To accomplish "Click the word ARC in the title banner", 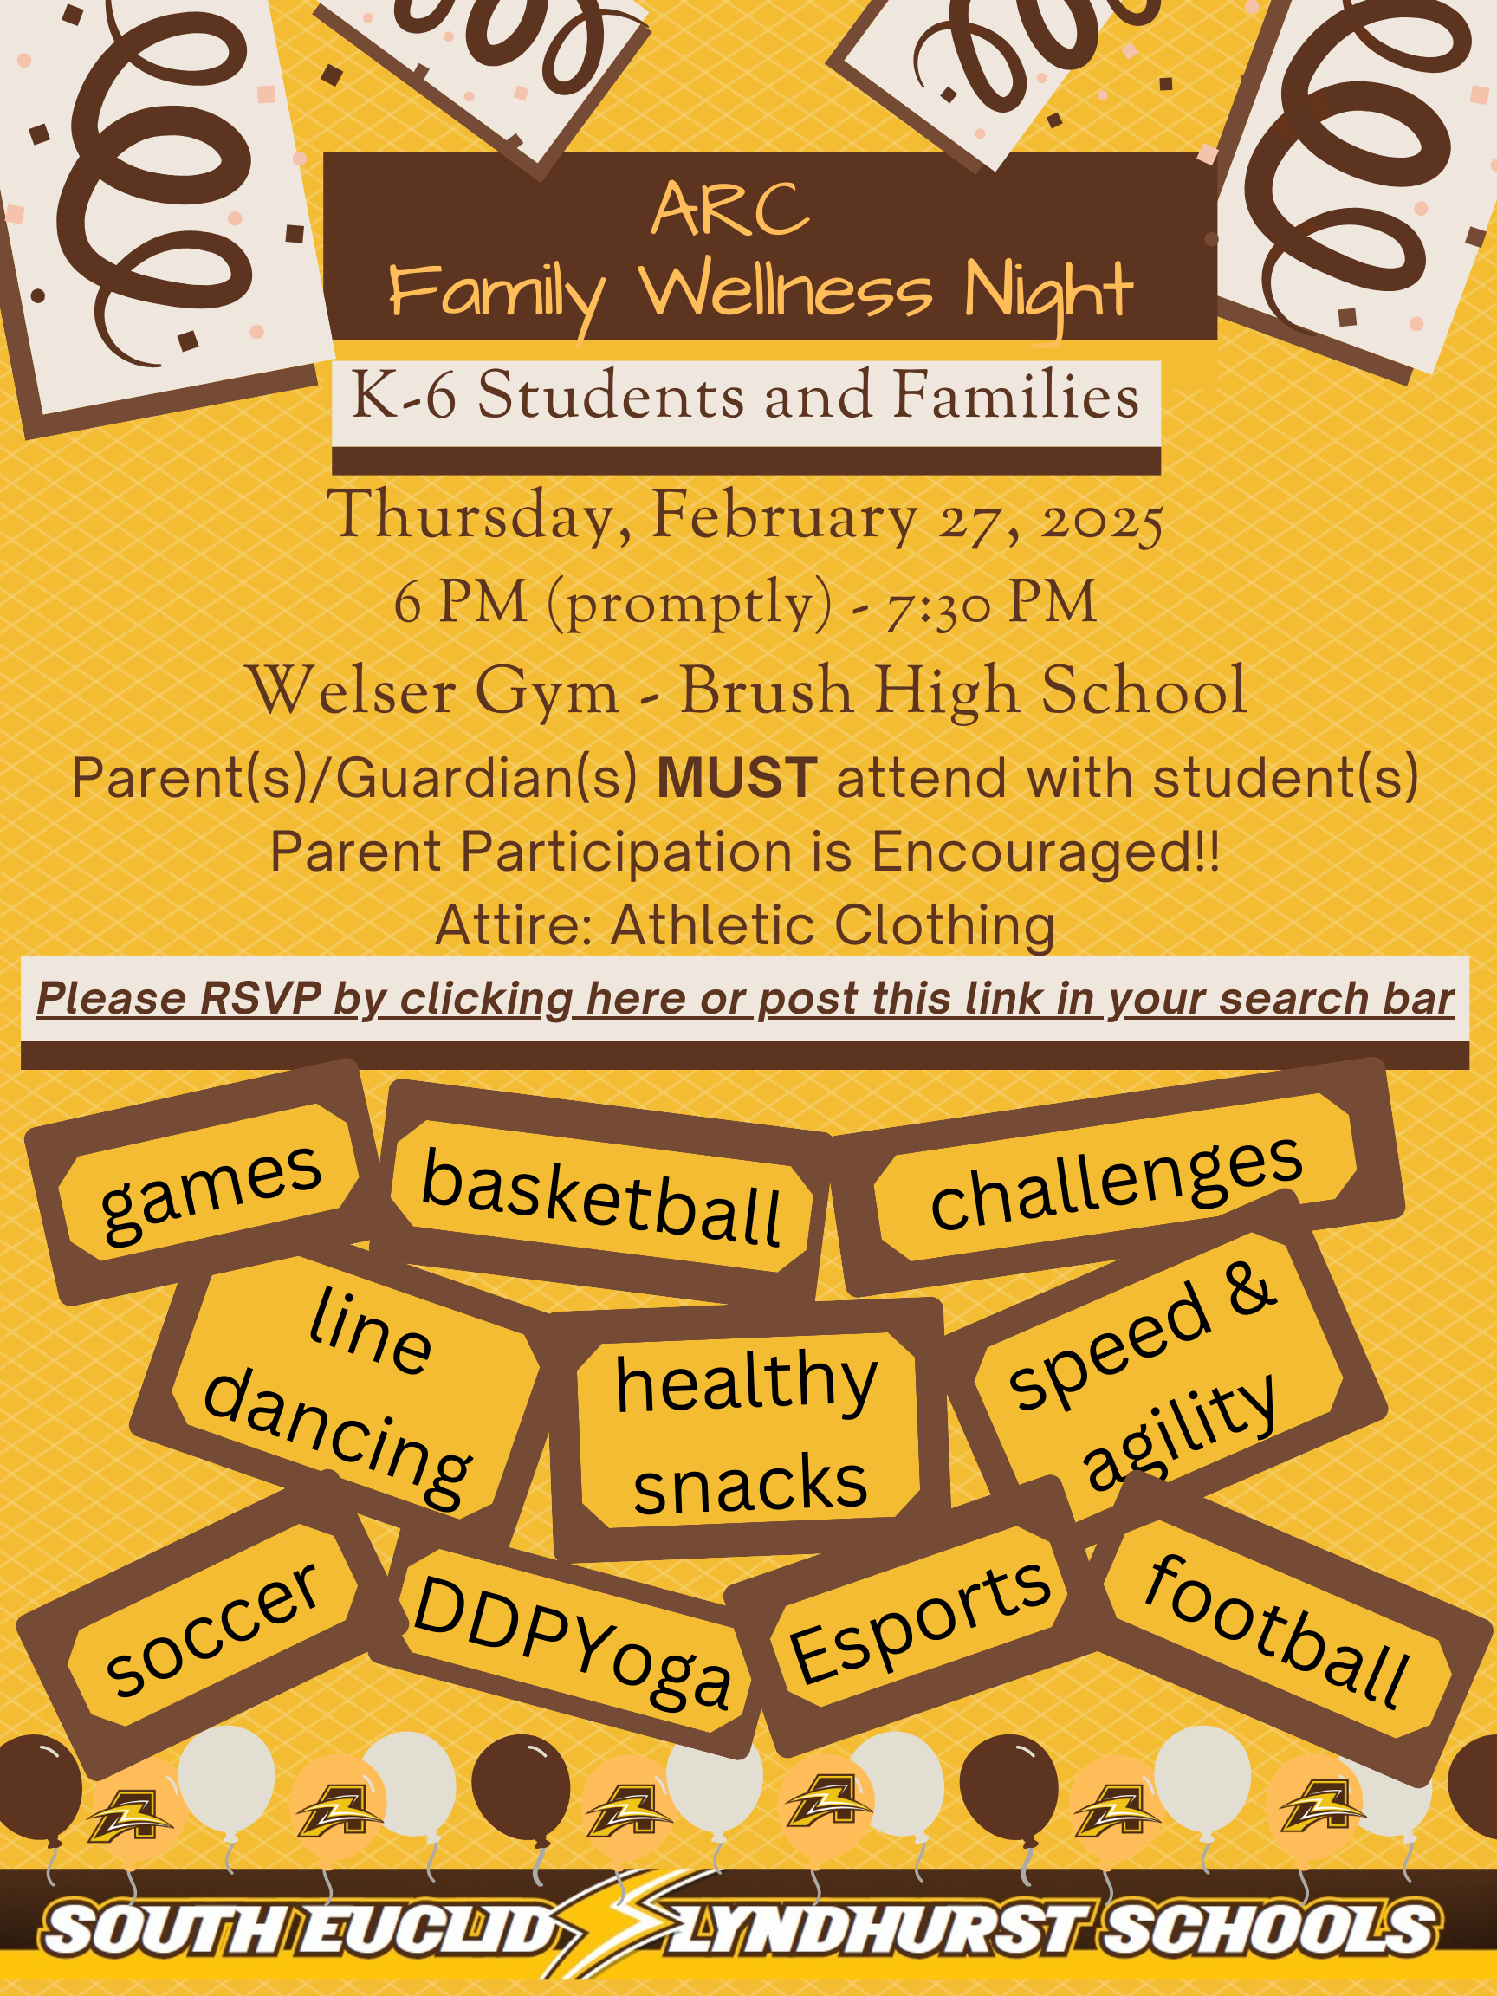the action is pyautogui.click(x=730, y=209).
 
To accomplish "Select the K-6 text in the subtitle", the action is pyautogui.click(x=404, y=395).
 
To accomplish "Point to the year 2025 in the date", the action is pyautogui.click(x=1102, y=521).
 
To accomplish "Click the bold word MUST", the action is pyautogui.click(x=737, y=777).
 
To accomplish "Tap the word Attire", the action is pyautogui.click(x=514, y=925).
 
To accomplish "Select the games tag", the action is pyautogui.click(x=210, y=1191).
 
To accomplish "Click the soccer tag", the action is pyautogui.click(x=212, y=1629).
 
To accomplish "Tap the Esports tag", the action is pyautogui.click(x=920, y=1620).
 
